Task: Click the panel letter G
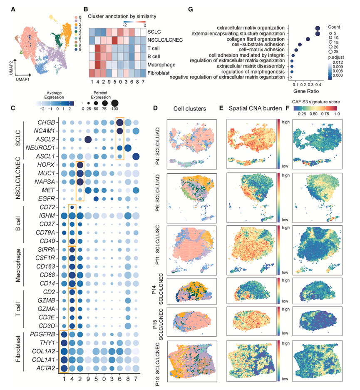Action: click(x=191, y=10)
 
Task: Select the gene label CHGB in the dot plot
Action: click(x=46, y=122)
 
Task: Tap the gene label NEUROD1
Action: click(x=40, y=148)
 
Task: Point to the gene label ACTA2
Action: click(x=46, y=368)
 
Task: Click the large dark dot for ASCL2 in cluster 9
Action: click(x=88, y=140)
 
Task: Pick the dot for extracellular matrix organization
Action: click(x=318, y=28)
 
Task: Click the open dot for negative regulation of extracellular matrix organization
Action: click(x=290, y=77)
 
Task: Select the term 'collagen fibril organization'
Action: click(x=256, y=39)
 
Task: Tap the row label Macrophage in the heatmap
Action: click(x=161, y=65)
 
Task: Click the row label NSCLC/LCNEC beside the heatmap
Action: click(x=165, y=40)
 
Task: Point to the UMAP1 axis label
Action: click(x=22, y=80)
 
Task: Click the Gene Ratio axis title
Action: click(x=306, y=91)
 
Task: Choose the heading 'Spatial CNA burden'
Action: click(x=255, y=108)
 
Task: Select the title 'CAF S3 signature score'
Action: click(x=316, y=102)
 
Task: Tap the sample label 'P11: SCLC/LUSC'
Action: click(x=157, y=245)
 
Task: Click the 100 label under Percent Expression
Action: click(x=114, y=109)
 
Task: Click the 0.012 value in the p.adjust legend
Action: click(x=338, y=62)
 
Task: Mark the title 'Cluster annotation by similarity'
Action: click(x=122, y=16)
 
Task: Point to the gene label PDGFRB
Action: click(x=42, y=334)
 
